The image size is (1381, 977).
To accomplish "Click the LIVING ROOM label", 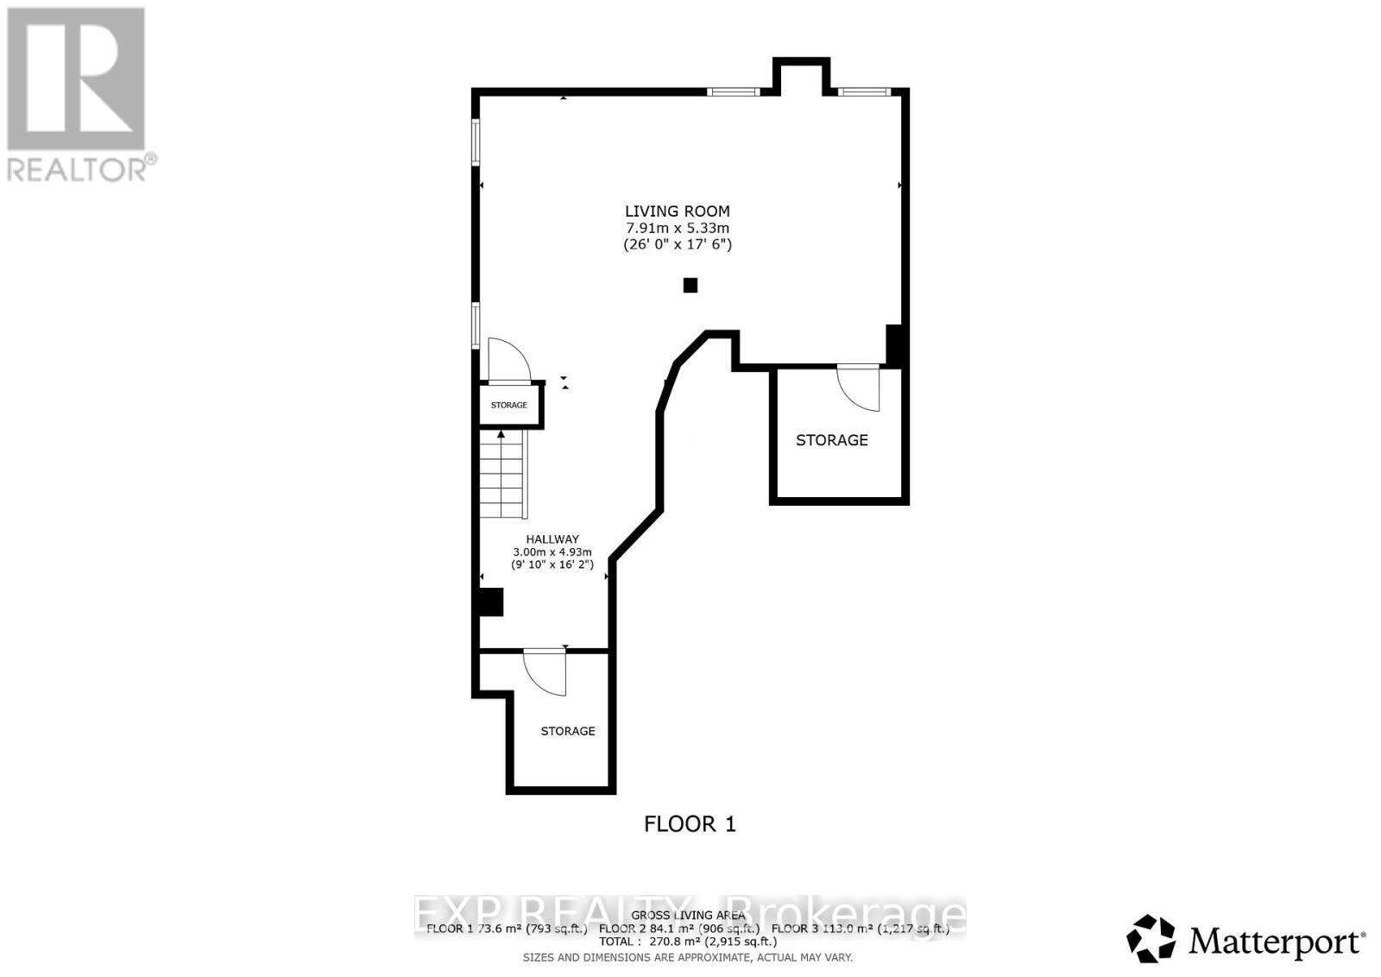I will pos(677,211).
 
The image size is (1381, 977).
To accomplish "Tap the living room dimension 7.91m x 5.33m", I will pos(677,228).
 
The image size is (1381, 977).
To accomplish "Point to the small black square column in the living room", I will pos(690,285).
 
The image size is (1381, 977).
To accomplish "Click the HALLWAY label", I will pos(552,539).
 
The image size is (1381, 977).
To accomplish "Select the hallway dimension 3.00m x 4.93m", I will pos(552,552).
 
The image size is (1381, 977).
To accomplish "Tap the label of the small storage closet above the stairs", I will pos(509,405).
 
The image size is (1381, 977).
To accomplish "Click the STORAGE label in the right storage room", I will pos(831,440).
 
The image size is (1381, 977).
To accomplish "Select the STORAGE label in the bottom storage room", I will pos(568,731).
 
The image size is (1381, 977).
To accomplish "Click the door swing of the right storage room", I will pos(860,386).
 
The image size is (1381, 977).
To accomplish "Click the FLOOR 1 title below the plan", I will pos(690,824).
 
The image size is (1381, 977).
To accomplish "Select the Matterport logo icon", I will pos(1151,938).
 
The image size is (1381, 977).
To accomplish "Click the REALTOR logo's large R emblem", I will pos(76,79).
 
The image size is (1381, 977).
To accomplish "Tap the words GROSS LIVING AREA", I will pos(688,916).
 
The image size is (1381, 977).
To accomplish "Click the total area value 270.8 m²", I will pos(682,942).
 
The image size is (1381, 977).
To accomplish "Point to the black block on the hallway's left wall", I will pos(490,602).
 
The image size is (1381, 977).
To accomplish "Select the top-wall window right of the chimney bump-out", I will pos(864,91).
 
